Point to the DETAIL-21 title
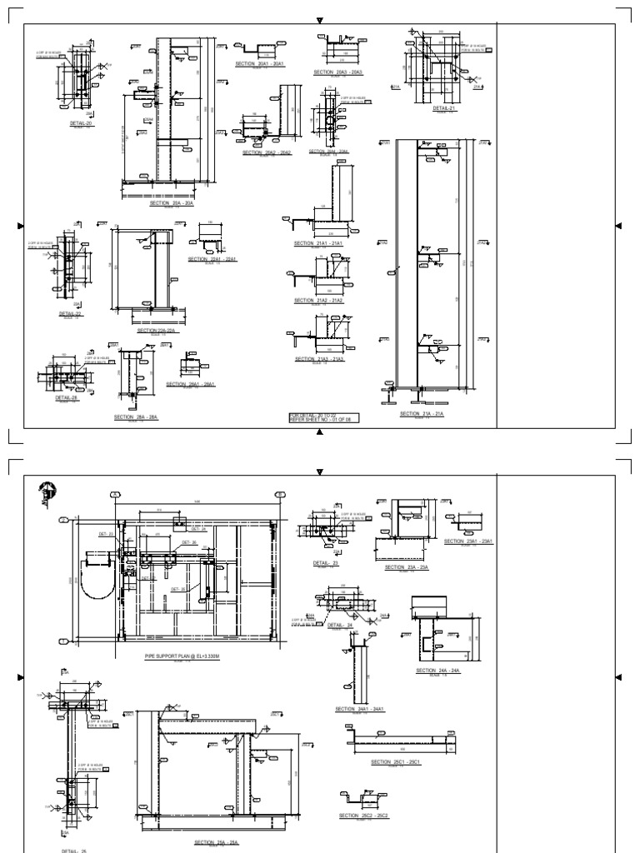(x=445, y=107)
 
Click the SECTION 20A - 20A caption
(x=172, y=202)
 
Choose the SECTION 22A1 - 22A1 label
(x=213, y=259)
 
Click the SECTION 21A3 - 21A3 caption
(x=320, y=359)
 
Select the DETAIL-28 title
(x=67, y=398)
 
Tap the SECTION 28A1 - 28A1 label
(x=191, y=384)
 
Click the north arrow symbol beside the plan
(x=47, y=493)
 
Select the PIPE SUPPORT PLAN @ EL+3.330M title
(x=179, y=657)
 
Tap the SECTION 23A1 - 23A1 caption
(x=469, y=541)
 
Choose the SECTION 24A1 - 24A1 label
(x=360, y=709)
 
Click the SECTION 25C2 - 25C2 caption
(x=363, y=816)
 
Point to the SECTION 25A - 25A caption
(x=216, y=842)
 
